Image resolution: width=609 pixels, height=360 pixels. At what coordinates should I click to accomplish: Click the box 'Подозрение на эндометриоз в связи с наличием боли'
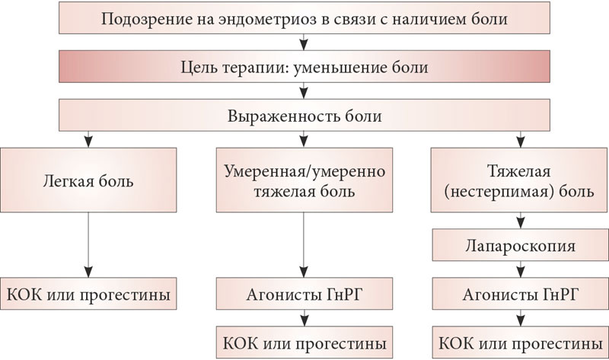304,18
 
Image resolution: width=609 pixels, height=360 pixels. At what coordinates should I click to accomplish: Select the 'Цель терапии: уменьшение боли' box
304,66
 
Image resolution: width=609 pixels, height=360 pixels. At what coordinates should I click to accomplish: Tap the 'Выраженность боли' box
304,115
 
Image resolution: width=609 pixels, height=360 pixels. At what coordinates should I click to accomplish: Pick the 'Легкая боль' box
88,180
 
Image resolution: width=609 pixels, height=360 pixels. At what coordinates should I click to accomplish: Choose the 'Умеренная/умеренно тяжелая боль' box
304,180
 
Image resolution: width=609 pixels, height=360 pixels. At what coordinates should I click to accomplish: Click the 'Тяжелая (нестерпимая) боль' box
519,180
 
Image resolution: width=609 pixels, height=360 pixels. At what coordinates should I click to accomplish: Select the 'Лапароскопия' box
520,244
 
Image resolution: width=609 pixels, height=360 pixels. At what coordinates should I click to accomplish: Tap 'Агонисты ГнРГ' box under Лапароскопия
520,294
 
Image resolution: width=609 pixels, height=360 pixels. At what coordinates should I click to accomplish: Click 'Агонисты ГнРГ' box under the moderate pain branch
304,294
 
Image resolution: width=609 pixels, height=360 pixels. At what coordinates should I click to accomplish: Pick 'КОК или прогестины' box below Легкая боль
88,294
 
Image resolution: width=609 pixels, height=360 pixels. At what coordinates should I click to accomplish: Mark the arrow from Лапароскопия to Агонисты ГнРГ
521,269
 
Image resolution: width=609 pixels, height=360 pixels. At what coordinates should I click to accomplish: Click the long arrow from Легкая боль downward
88,244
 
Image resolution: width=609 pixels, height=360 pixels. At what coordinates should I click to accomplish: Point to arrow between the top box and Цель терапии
304,42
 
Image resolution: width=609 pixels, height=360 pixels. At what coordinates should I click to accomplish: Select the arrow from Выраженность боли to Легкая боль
88,139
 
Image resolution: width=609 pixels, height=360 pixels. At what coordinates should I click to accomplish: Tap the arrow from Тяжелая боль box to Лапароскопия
521,220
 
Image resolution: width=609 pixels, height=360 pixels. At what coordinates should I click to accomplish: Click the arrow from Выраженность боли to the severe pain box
521,139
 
